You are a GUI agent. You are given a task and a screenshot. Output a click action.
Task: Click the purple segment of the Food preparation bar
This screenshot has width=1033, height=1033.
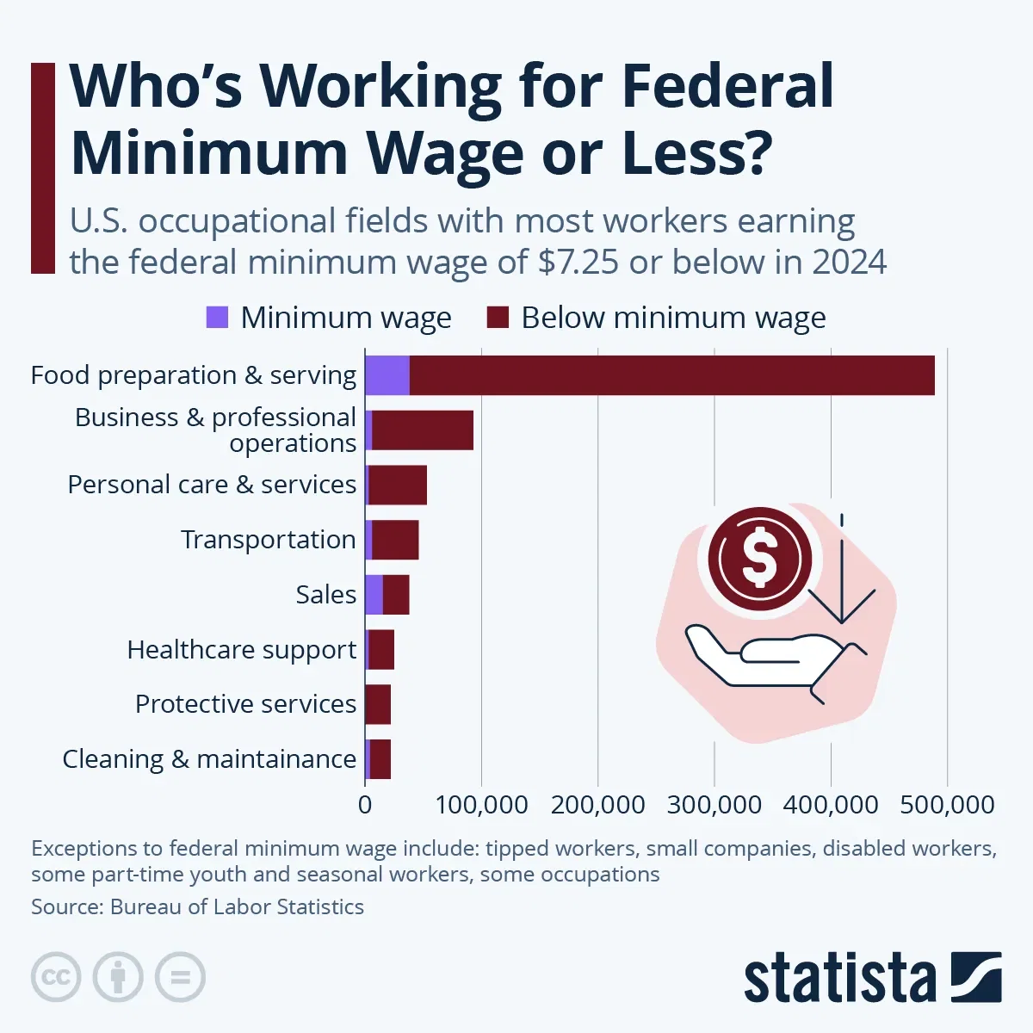click(x=387, y=375)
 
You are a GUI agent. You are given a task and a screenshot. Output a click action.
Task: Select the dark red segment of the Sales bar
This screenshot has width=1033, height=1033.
click(x=396, y=595)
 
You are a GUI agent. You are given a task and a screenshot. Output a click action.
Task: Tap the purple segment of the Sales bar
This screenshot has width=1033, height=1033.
click(x=374, y=595)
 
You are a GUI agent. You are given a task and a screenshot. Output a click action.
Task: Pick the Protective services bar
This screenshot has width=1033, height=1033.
click(x=378, y=704)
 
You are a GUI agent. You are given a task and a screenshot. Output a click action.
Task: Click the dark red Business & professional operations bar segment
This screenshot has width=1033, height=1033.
click(x=423, y=430)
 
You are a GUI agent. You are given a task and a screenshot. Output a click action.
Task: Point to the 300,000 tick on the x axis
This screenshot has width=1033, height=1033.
click(x=714, y=805)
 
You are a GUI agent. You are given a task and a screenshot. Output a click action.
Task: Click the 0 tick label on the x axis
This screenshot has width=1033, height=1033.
click(x=365, y=805)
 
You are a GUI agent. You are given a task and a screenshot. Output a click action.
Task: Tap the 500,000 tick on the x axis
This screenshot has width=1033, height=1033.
click(x=947, y=805)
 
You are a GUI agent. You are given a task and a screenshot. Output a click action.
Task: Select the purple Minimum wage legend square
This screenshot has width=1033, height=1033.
click(x=218, y=318)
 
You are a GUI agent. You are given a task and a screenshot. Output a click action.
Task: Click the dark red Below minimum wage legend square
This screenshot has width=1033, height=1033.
click(x=498, y=318)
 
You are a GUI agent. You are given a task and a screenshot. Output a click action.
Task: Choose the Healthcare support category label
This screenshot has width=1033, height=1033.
click(x=241, y=650)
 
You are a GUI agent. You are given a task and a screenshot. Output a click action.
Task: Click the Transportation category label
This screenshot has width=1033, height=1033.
click(x=268, y=540)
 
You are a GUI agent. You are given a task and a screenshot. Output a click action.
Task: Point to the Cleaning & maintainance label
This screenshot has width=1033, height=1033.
click(x=209, y=759)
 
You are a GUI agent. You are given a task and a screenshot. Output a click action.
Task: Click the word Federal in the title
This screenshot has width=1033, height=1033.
click(x=727, y=86)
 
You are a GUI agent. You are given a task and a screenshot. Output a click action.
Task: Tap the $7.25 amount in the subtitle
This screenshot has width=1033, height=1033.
click(x=578, y=262)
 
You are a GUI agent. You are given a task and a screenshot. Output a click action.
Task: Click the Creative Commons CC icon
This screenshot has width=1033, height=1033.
click(x=56, y=977)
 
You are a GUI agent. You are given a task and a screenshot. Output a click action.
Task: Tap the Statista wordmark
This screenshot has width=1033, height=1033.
click(x=839, y=979)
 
